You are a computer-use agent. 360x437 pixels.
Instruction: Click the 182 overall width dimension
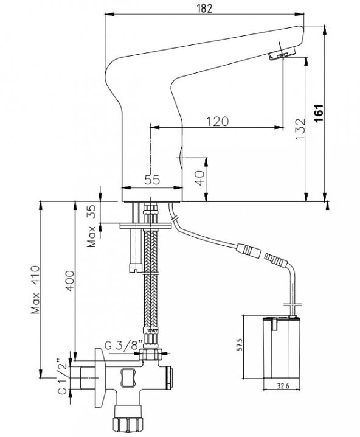[204, 9]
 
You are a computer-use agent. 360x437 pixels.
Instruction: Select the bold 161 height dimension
[319, 113]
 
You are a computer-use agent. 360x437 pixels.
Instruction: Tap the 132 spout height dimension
[300, 130]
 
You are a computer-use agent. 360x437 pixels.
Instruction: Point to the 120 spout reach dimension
[218, 122]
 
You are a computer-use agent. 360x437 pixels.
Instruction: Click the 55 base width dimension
[152, 180]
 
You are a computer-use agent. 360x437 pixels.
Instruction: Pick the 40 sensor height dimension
[199, 178]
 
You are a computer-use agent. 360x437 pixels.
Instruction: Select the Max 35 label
[91, 226]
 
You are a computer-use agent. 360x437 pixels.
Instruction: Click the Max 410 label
[35, 290]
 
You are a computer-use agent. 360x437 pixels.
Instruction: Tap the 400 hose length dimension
[70, 281]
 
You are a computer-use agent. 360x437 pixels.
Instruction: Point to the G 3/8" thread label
[124, 346]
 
